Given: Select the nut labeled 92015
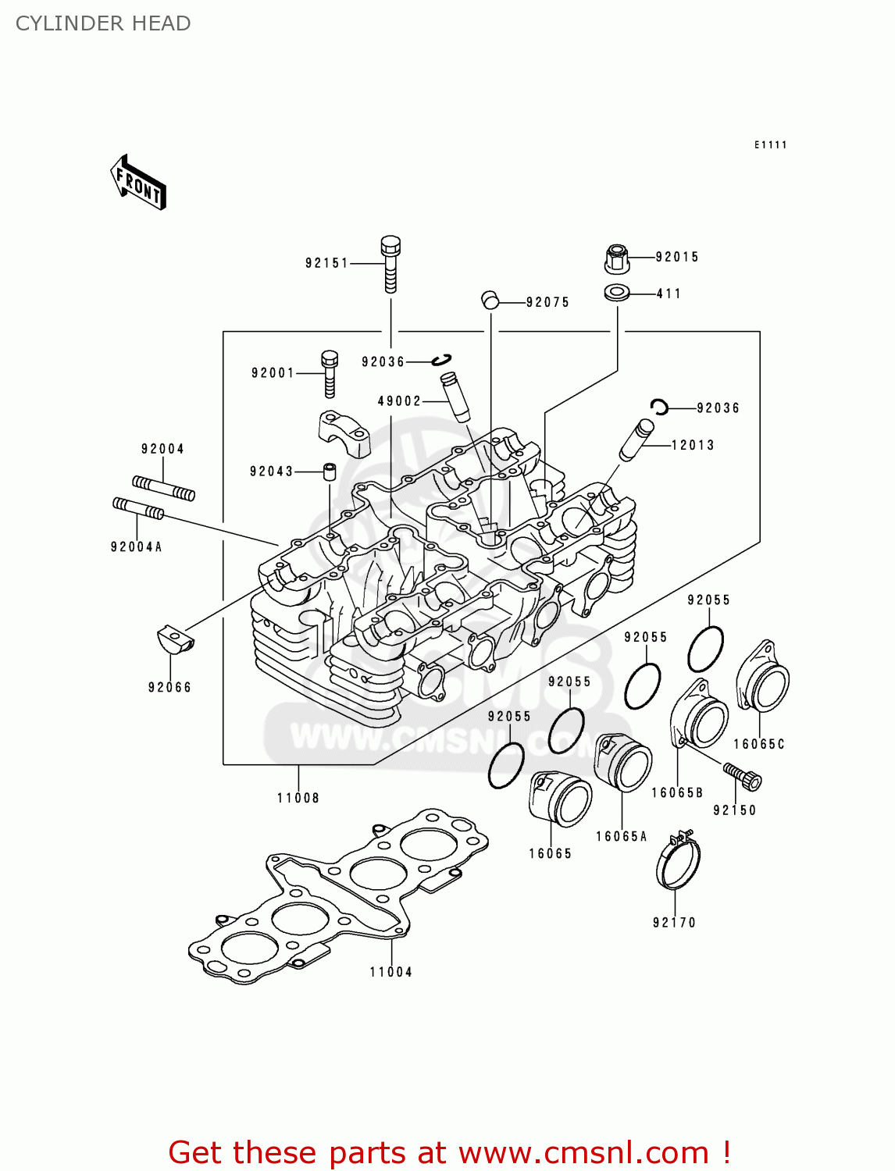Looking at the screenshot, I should [x=616, y=258].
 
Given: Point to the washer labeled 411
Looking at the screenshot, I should [x=616, y=294].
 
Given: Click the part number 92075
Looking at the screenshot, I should [x=547, y=302].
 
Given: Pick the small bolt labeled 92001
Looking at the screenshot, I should [x=330, y=374].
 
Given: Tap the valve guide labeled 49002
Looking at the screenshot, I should [x=455, y=397].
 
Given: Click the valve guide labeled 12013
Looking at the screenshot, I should [x=636, y=440].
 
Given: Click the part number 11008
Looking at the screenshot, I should [x=298, y=798].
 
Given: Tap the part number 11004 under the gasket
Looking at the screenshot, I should [x=390, y=972].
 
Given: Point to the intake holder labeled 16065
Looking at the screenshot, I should [x=559, y=798].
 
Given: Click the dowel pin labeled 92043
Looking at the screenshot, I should [x=329, y=472].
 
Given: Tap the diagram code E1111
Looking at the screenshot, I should [x=770, y=145].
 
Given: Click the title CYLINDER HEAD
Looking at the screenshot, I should [x=103, y=23].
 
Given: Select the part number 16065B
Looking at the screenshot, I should [x=677, y=792].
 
